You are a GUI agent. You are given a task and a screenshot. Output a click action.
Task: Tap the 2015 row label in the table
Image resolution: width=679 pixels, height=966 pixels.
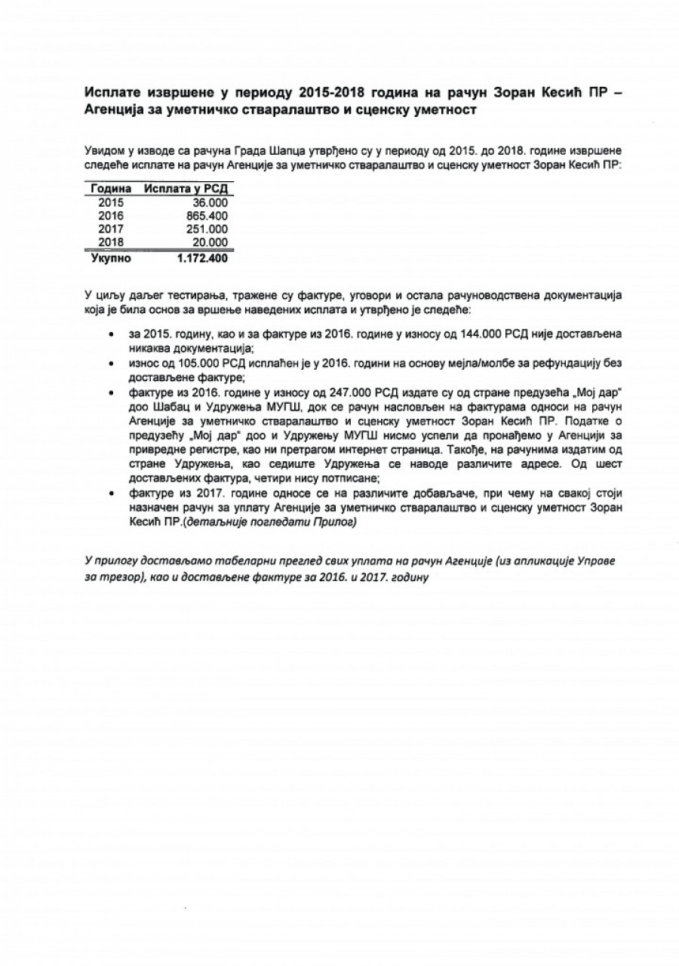[111, 202]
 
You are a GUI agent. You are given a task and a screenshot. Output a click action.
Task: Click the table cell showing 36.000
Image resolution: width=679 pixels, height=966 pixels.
[210, 202]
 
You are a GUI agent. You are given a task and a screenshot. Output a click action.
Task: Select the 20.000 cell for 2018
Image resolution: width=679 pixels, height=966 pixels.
[210, 241]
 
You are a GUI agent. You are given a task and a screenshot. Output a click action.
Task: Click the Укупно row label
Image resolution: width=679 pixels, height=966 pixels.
[111, 258]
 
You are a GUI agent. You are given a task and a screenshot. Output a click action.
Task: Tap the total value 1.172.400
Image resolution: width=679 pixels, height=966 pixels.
[201, 258]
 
